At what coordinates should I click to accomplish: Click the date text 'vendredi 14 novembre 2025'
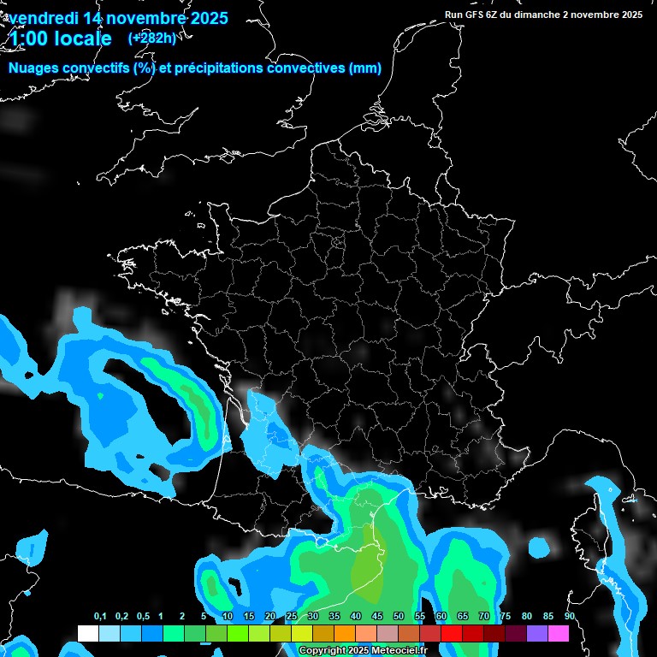[118, 17]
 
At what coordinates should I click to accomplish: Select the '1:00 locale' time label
[60, 38]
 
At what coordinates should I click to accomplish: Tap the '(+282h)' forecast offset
[151, 38]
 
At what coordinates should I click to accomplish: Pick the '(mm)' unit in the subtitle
[365, 68]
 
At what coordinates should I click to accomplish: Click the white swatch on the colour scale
[87, 634]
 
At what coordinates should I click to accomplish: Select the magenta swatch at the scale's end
[559, 634]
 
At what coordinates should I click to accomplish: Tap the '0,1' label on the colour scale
[100, 617]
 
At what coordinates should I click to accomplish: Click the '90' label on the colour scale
[569, 617]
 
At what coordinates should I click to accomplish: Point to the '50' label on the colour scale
[399, 617]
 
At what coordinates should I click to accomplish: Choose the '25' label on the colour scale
[292, 617]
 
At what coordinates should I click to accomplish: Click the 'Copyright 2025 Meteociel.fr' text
[364, 651]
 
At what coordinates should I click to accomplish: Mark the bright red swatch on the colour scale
[452, 634]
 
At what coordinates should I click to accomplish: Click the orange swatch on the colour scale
[345, 634]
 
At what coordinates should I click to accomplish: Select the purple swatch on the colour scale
[537, 634]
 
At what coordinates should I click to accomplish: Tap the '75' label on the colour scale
[506, 617]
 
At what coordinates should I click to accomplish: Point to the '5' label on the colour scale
[204, 617]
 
